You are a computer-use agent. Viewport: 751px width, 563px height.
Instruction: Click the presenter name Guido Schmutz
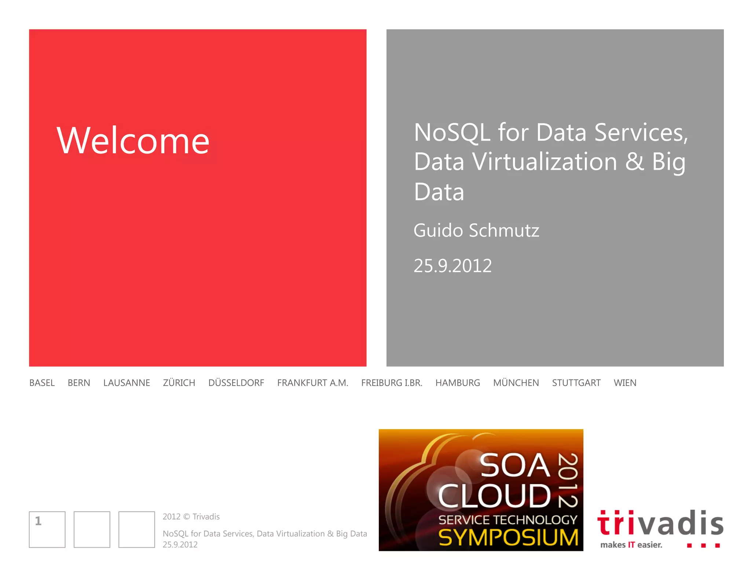coord(476,231)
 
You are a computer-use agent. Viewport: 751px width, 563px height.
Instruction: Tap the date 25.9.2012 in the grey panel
coord(453,266)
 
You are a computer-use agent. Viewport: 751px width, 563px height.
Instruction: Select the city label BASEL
coord(42,383)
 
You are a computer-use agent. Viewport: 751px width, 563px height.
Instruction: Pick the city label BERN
coord(79,383)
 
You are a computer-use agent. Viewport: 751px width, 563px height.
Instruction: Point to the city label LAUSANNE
coord(127,383)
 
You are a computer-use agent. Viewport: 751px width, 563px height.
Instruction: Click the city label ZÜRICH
coord(179,383)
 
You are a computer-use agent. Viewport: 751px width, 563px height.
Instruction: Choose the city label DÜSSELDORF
coord(236,383)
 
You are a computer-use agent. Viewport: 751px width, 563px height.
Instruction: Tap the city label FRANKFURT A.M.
coord(312,383)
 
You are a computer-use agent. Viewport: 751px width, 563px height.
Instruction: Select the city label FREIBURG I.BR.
coord(392,383)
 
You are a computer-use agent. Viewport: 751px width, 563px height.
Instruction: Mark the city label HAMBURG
coord(458,383)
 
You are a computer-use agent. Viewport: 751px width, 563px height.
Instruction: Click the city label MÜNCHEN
coord(516,383)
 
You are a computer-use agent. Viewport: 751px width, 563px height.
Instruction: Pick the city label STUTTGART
coord(576,383)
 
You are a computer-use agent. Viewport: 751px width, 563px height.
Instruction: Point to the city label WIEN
coord(625,383)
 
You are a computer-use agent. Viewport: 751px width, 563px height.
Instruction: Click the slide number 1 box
coord(47,529)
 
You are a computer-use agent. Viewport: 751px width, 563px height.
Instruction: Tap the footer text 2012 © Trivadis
coord(191,516)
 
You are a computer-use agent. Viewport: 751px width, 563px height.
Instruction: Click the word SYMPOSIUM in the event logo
coord(508,537)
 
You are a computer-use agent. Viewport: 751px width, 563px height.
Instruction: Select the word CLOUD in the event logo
coord(494,496)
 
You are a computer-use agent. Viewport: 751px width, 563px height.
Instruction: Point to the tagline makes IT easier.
coord(631,545)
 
